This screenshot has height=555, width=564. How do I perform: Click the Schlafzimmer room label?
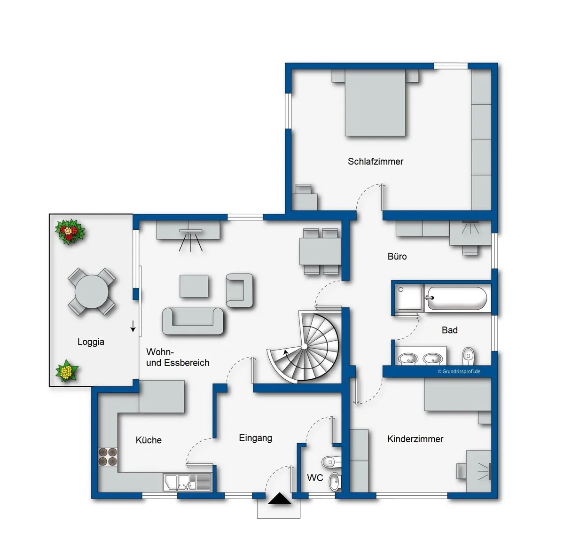[375, 161]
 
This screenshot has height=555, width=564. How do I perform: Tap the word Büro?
[397, 257]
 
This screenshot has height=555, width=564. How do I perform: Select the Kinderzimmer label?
[415, 439]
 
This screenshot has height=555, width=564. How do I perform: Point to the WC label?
[315, 478]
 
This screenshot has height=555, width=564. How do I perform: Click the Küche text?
[149, 440]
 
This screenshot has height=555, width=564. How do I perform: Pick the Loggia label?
[91, 342]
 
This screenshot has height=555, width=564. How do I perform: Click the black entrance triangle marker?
[280, 498]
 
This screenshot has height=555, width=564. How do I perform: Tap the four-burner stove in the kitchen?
[108, 457]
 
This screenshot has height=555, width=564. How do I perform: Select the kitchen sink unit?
[187, 483]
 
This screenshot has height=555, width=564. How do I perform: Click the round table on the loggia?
[92, 291]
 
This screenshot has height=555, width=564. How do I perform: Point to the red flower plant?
[70, 232]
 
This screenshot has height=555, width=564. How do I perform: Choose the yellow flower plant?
[67, 371]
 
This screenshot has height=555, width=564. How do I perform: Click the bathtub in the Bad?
[457, 298]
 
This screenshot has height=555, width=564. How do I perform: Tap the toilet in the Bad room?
[468, 356]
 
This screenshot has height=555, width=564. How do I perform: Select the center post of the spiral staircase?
[304, 346]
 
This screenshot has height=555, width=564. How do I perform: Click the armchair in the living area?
[239, 290]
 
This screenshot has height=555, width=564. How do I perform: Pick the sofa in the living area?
[193, 321]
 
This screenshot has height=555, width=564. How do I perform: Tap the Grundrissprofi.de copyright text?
[459, 371]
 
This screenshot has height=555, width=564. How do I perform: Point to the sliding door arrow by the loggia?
[133, 326]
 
